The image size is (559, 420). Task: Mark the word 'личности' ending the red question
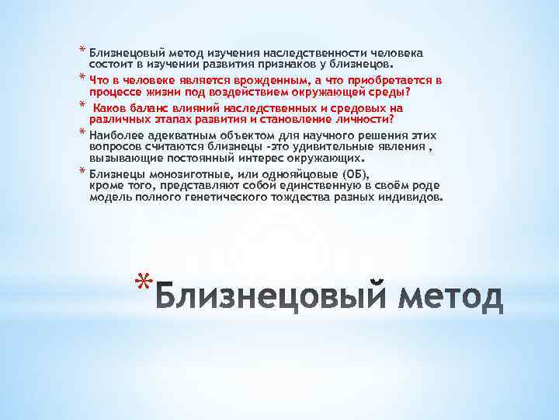pyautogui.click(x=366, y=119)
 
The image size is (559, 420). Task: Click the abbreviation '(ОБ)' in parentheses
pyautogui.click(x=340, y=173)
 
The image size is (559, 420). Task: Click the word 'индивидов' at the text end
pyautogui.click(x=414, y=198)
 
